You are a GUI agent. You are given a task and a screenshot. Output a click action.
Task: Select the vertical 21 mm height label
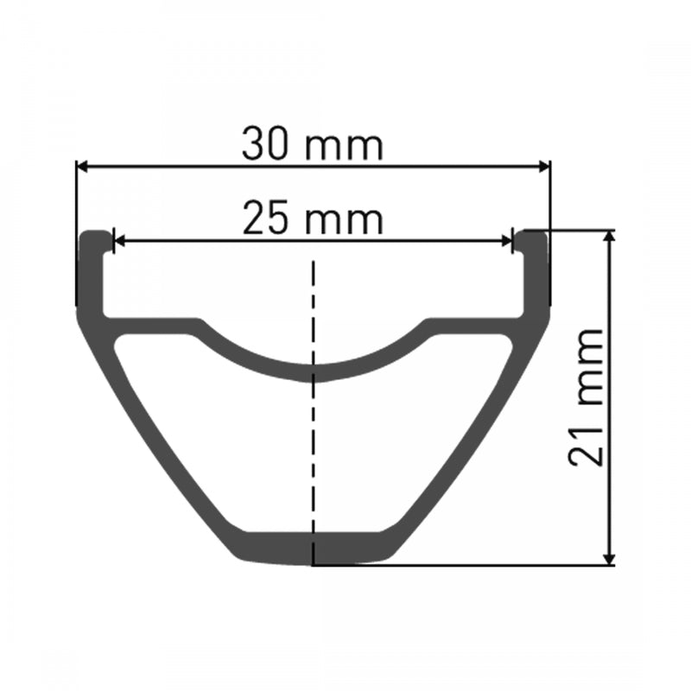[586, 397]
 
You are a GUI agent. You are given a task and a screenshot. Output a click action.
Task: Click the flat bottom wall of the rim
[314, 548]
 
